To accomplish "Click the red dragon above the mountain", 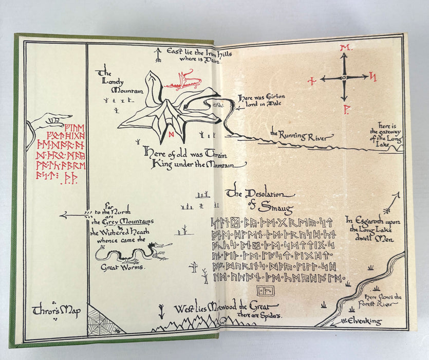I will (183, 79).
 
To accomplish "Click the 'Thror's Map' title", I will (56, 311).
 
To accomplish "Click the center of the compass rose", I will (344, 78).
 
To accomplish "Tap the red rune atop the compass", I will (344, 48).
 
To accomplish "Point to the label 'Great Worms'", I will (122, 267).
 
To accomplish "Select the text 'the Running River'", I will (302, 135).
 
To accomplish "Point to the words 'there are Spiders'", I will (259, 315).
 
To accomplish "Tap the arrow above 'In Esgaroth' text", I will (395, 201).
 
